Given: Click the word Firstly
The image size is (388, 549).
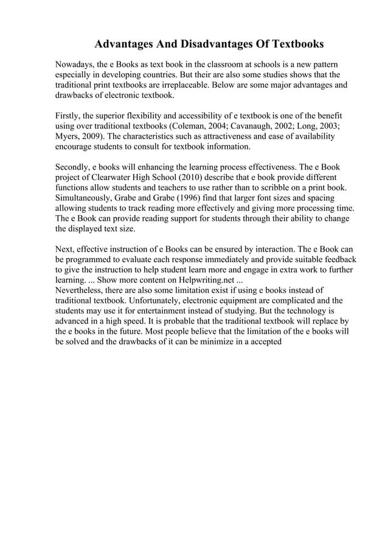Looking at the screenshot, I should pyautogui.click(x=68, y=116).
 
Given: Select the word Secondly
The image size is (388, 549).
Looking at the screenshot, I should pyautogui.click(x=74, y=167).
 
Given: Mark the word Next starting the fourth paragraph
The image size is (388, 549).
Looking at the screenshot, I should pyautogui.click(x=64, y=250).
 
